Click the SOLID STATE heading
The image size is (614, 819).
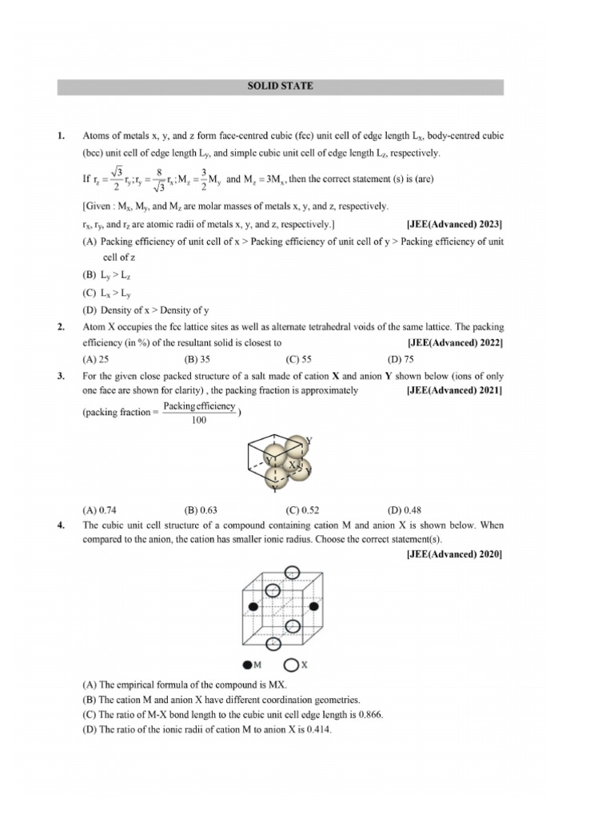(x=280, y=86)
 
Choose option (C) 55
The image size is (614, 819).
(x=298, y=359)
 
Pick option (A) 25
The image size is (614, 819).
(x=96, y=359)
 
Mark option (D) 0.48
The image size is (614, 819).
(x=404, y=509)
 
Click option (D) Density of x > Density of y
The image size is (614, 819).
(x=146, y=310)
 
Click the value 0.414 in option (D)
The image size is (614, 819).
(x=316, y=730)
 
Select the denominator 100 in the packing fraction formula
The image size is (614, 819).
(x=199, y=421)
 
